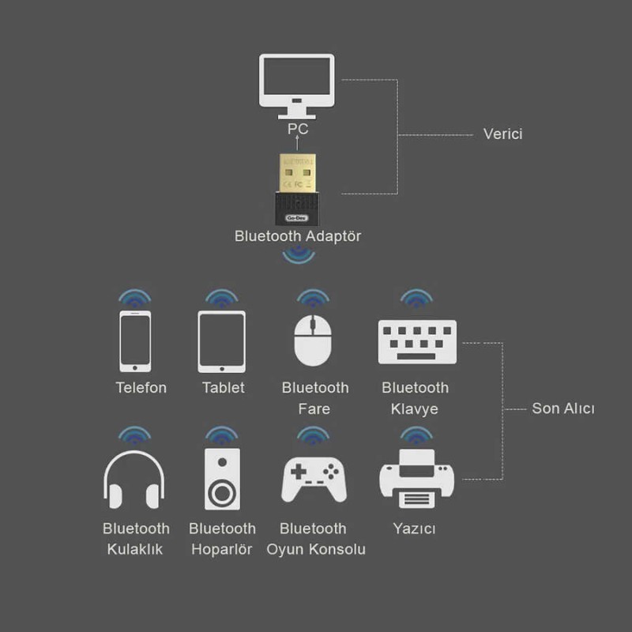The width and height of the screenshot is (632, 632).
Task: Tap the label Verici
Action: [x=502, y=134]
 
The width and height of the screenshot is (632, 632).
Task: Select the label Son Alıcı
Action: [x=562, y=408]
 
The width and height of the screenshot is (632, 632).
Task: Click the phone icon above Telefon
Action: [x=135, y=340]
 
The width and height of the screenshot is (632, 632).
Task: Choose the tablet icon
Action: [x=221, y=340]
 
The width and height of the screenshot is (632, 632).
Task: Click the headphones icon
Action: [x=134, y=480]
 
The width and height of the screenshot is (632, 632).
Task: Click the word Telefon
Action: [x=141, y=388]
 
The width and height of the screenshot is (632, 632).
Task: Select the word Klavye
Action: [x=414, y=409]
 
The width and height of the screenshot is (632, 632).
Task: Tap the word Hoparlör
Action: [x=222, y=549]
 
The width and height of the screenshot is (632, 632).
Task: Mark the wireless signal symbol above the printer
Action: [x=413, y=436]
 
